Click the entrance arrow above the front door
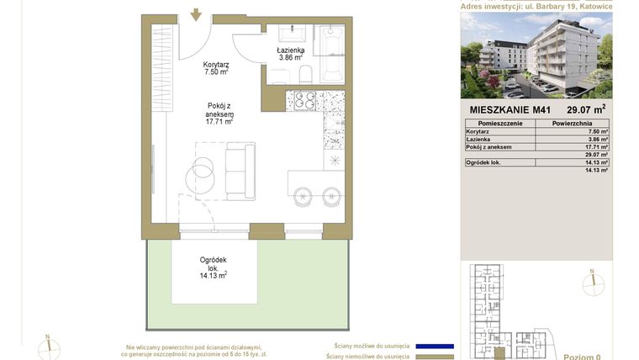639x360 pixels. (x=195, y=14)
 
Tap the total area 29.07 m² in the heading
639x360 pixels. (x=587, y=108)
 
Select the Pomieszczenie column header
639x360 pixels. (x=500, y=124)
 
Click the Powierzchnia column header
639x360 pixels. (x=575, y=124)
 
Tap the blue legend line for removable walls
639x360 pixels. (x=436, y=346)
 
